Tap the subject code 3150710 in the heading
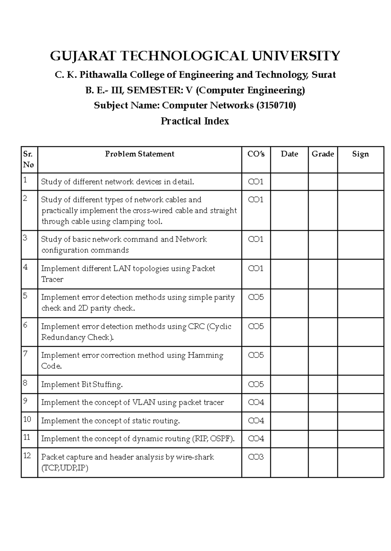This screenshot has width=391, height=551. tap(276, 106)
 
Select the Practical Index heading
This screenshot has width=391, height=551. tap(195, 121)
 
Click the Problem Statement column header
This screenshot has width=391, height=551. tap(139, 154)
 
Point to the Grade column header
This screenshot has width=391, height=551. tap(323, 154)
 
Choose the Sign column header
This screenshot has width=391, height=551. tap(360, 154)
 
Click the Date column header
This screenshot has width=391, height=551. tap(289, 154)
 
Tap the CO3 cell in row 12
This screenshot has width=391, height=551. tap(256, 457)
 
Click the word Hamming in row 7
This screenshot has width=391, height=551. tap(205, 356)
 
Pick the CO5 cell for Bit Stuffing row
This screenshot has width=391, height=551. tap(256, 384)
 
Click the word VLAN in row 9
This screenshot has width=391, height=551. tap(144, 403)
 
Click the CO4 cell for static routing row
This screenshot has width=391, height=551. tap(256, 421)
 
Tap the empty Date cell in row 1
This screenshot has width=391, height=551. tap(289, 182)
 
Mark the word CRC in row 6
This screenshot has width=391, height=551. tap(196, 327)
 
